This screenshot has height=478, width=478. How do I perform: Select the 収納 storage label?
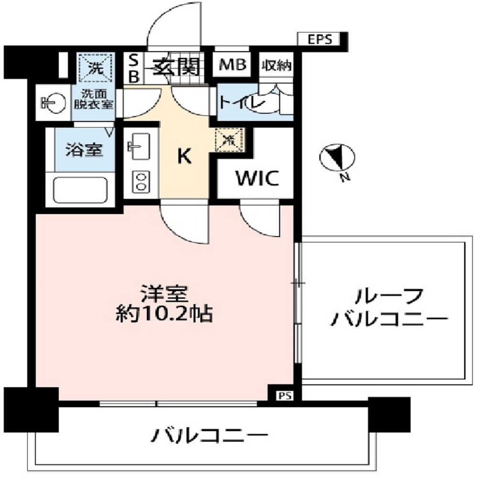point(276,66)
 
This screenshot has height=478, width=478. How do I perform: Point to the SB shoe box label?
point(134,67)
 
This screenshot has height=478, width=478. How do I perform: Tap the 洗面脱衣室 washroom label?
point(93,99)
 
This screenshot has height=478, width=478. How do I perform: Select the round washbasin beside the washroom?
point(54,102)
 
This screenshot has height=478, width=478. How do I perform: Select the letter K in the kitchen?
point(185,156)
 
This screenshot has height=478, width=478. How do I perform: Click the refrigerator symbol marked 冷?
point(230,140)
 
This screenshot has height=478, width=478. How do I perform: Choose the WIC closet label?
point(256,178)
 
